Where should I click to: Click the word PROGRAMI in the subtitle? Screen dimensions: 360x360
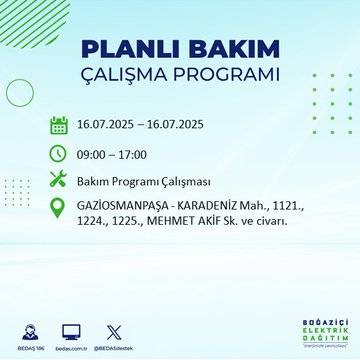(225, 76)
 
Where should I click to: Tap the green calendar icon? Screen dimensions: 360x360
(59, 126)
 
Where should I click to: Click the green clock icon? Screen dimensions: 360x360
(59, 153)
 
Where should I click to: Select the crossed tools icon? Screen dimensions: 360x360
(59, 180)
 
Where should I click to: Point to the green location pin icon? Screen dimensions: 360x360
(59, 211)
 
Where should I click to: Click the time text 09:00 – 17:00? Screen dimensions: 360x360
(112, 154)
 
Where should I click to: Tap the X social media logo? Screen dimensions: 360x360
(113, 328)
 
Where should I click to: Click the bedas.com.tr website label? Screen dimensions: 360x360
(70, 346)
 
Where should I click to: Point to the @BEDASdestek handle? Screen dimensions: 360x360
(113, 346)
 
